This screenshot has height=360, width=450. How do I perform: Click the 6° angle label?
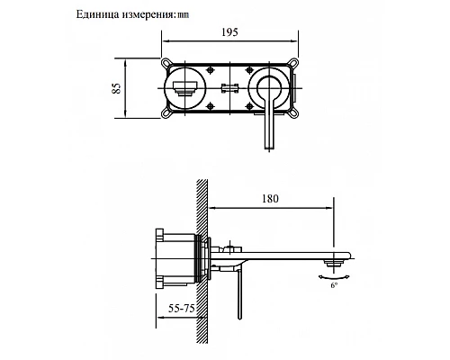(336, 285)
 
